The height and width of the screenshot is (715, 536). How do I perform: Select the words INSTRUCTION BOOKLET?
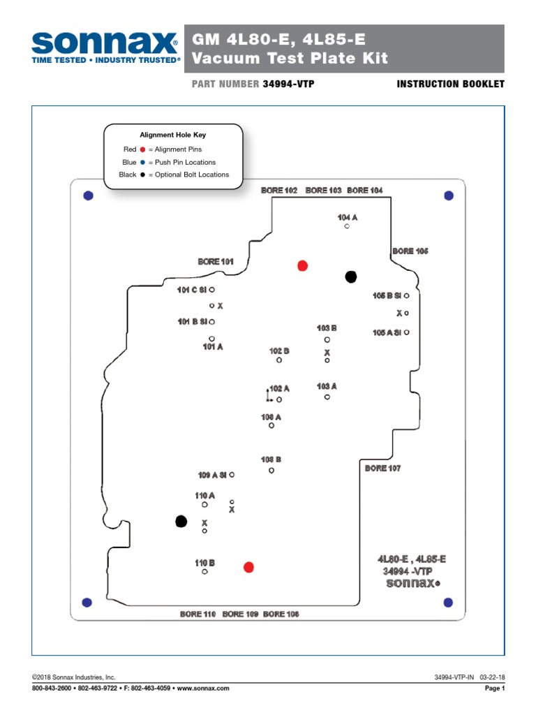450,84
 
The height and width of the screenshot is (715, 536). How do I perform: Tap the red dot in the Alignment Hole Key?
142,149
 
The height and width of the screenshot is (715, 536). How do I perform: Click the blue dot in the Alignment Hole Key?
142,162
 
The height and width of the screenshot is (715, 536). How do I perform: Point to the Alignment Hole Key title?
172,135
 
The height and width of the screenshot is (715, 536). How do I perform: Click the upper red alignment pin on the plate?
302,265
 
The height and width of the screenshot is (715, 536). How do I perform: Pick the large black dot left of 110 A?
181,521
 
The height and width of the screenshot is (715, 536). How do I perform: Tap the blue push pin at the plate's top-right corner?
449,196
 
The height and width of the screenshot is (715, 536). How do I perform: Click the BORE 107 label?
382,468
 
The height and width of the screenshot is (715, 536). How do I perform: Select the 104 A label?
347,217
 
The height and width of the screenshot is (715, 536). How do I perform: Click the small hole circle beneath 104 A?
347,226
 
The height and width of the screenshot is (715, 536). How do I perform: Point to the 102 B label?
279,351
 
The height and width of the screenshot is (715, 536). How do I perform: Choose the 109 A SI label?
212,475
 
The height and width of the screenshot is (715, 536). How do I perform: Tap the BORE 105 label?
410,251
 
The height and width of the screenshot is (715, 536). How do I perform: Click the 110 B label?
204,562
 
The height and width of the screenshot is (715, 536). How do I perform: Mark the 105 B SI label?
387,295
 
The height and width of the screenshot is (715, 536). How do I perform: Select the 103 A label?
327,385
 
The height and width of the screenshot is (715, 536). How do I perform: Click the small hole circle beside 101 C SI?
212,289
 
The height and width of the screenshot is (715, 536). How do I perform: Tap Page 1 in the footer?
494,688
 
